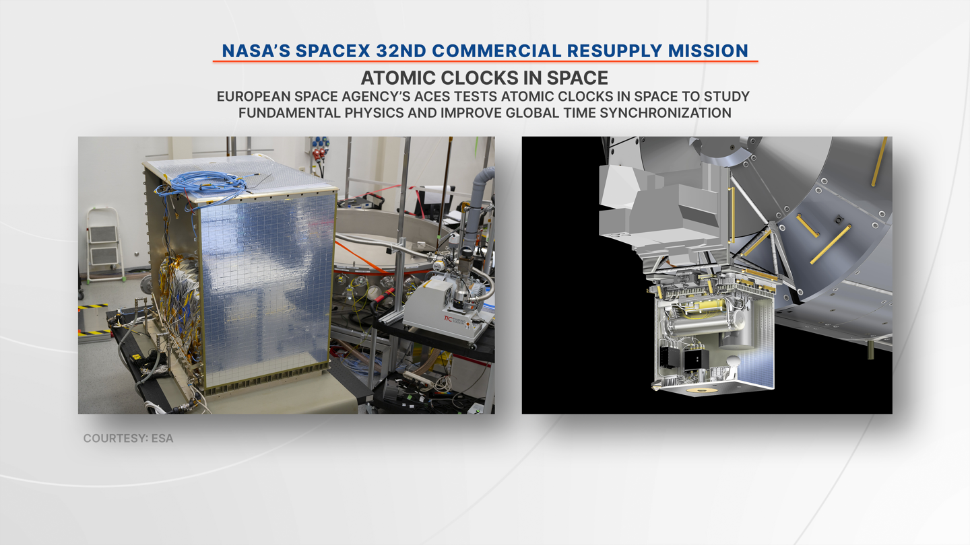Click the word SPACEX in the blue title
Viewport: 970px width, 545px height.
tap(333, 51)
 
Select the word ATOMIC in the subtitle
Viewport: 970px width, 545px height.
tap(398, 78)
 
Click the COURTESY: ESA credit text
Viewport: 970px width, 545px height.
tap(128, 439)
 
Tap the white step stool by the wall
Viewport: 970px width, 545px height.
tap(104, 244)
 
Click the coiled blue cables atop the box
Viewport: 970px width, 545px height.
tap(203, 184)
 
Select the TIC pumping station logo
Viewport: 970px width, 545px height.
tap(448, 319)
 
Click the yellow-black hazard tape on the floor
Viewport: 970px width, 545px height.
tap(93, 307)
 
